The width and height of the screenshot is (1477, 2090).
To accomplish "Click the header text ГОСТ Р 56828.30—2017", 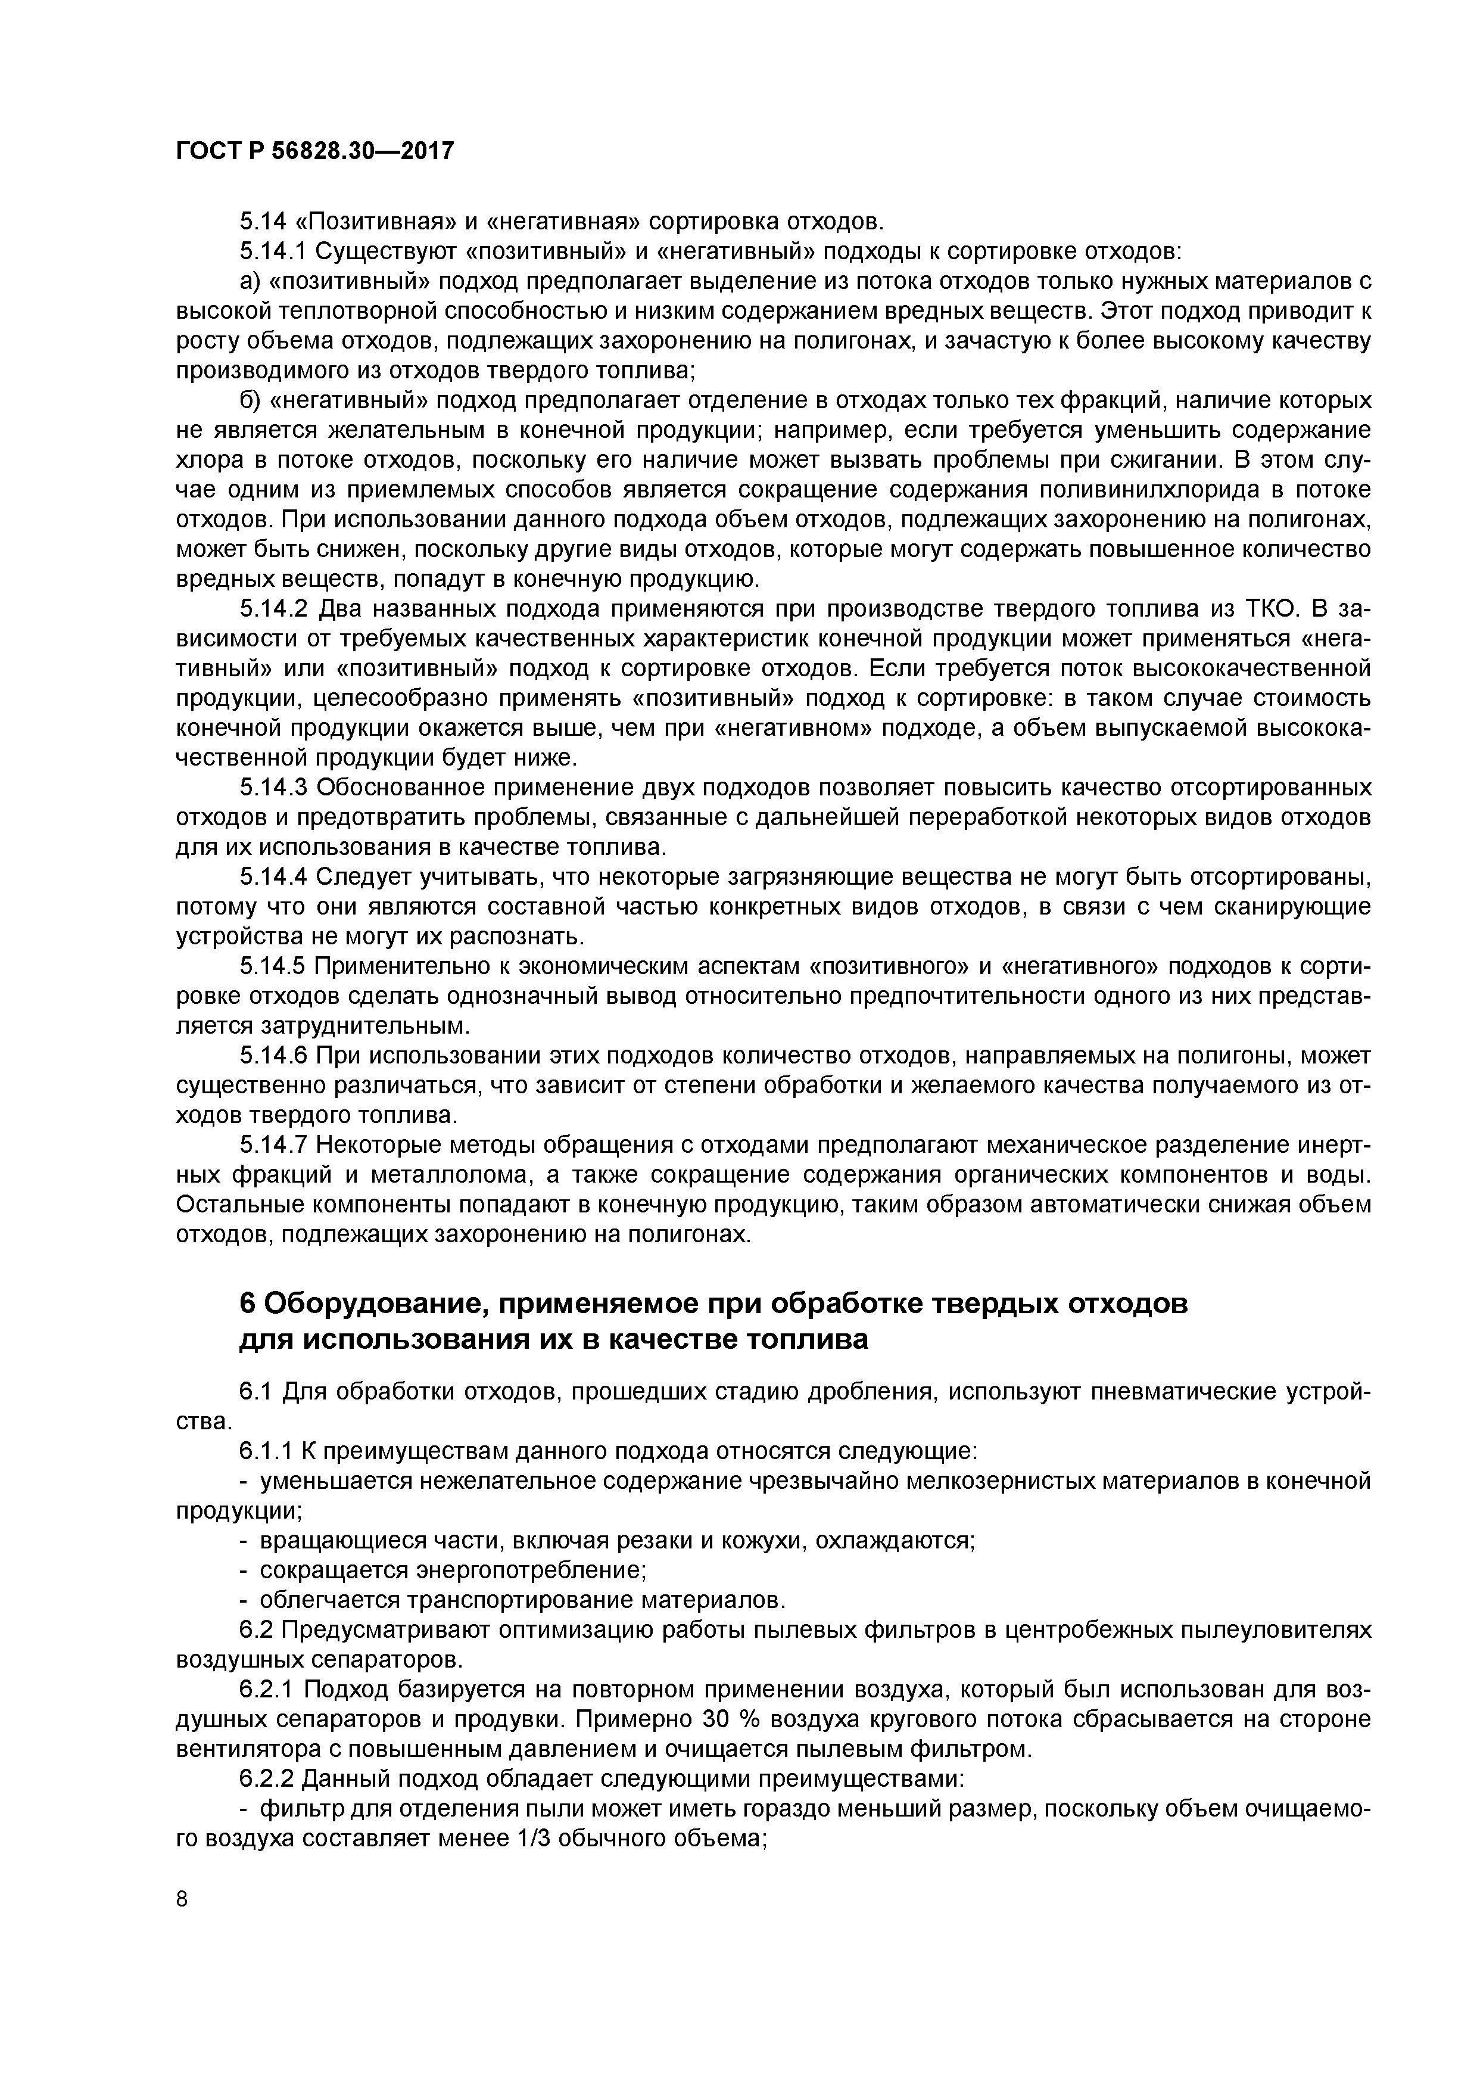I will [x=314, y=152].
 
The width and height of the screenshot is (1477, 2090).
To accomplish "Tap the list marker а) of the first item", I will [x=251, y=281].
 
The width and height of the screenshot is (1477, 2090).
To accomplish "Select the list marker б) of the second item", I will [x=251, y=400].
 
